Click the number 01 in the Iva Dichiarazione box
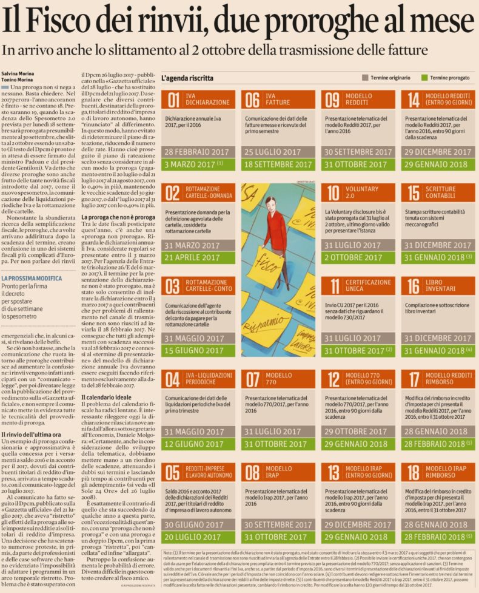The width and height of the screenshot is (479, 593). coord(173,100)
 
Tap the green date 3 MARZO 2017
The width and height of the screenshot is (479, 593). coord(191,164)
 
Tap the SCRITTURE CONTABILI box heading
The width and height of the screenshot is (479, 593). coord(441,192)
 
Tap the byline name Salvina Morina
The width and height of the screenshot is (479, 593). coord(18,73)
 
